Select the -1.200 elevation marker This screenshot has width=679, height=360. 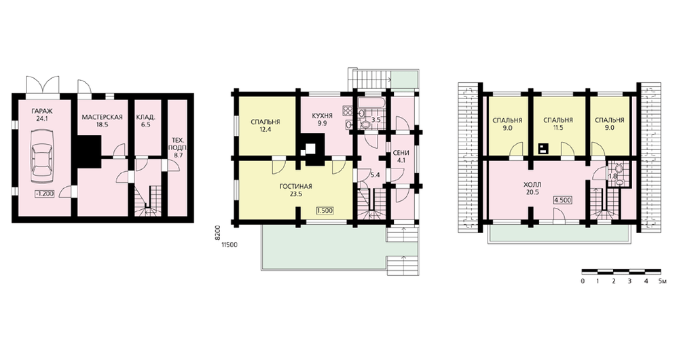coord(44,194)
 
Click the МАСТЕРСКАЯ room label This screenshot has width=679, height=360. coord(103,117)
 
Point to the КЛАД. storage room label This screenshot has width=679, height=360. coord(146,117)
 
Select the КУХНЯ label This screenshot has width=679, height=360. coord(322,115)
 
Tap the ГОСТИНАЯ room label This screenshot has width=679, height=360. coord(296,187)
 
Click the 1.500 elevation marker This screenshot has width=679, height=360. coord(325,211)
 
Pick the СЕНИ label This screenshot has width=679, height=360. coord(401,153)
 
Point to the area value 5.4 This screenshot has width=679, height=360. coord(375,175)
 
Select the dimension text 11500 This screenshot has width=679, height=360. coord(230,245)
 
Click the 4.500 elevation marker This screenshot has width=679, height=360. coord(562,200)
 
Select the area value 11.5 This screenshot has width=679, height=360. coord(557,128)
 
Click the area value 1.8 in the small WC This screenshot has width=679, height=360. coord(612,177)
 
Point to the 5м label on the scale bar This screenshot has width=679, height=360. coord(661,282)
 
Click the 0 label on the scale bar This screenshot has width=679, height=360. coord(583,282)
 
